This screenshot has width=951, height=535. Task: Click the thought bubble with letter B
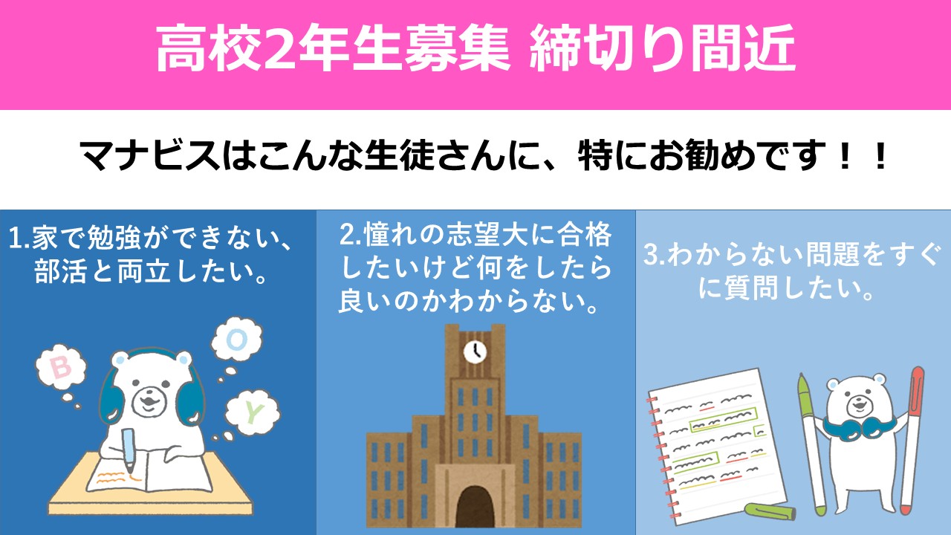(x=61, y=368)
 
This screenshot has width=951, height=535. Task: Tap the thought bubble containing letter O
(x=237, y=340)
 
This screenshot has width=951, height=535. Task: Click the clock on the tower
(x=475, y=351)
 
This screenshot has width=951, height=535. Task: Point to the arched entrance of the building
(x=475, y=507)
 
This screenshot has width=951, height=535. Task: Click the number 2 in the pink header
(x=279, y=48)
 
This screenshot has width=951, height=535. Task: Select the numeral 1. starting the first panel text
(x=19, y=239)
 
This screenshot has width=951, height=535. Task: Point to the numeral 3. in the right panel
(x=655, y=255)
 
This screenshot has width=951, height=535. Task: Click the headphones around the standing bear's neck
(x=859, y=427)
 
